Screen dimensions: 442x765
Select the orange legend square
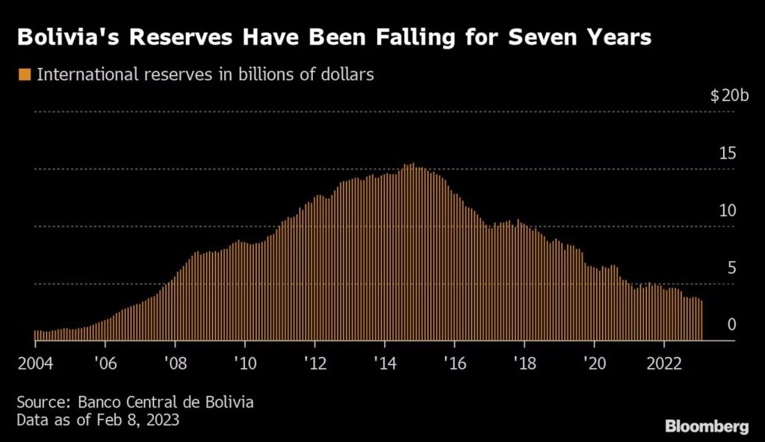coord(25,75)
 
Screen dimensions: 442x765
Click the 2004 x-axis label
coord(35,363)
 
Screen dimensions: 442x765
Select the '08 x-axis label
coord(174,363)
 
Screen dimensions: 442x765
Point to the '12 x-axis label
coord(315,363)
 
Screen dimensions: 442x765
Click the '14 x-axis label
coord(384,363)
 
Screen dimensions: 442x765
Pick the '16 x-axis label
coord(454,363)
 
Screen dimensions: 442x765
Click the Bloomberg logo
coord(707,426)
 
